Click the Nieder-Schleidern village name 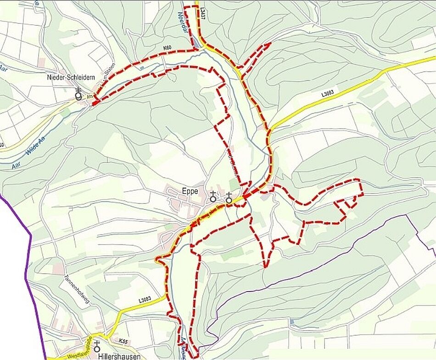(x=71, y=78)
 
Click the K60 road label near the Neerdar (x=167, y=48)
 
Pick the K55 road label (x=123, y=342)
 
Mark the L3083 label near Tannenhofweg (x=145, y=300)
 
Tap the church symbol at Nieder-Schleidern (x=79, y=94)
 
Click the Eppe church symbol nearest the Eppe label (x=213, y=197)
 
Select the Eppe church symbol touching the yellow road (x=229, y=198)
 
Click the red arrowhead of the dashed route (x=267, y=45)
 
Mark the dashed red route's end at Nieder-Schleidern (x=94, y=103)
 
